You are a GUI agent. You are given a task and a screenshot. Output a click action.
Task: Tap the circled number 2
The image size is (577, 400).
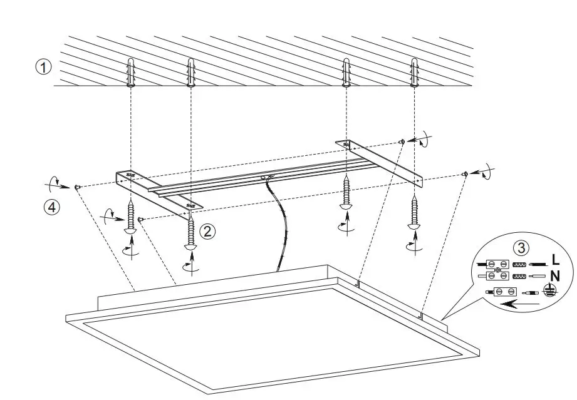pos(208,231)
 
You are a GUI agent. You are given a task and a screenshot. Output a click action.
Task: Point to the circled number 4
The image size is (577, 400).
pos(52,207)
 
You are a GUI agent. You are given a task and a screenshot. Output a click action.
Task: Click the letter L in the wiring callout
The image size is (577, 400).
pos(555,259)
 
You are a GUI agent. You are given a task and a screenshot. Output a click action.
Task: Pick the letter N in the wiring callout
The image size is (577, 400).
pos(555,275)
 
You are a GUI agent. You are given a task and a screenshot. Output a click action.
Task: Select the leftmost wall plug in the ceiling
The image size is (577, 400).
pos(130,73)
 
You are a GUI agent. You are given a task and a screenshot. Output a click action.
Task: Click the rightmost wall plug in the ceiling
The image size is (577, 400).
pos(413,71)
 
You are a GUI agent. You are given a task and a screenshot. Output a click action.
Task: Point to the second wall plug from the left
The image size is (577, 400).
pos(190,73)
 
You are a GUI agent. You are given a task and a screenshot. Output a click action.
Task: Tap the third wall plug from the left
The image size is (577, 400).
pos(345,71)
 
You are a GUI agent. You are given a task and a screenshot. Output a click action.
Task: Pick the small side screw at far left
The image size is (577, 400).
pos(76,187)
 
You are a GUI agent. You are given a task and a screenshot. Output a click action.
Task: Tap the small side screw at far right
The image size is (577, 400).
pos(465,173)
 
